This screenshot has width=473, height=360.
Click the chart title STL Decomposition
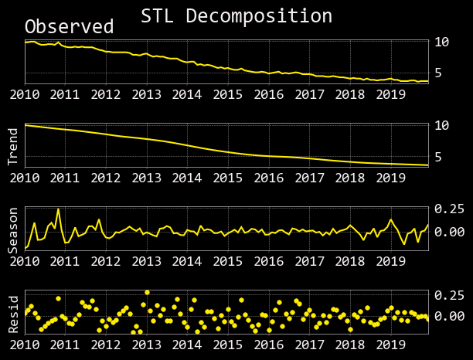point(236,16)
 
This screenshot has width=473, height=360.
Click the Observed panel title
point(69,27)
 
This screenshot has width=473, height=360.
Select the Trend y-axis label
point(13,147)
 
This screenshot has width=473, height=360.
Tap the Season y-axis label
point(13,229)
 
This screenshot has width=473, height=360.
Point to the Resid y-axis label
point(13,314)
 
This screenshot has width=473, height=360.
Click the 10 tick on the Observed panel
point(441,42)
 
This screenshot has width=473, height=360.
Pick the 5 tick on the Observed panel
point(437,73)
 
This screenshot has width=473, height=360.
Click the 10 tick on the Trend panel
point(441,125)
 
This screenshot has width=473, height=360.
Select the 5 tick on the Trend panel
point(437,157)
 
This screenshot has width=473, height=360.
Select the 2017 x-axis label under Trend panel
point(309,178)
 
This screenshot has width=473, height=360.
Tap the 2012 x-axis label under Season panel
point(106,261)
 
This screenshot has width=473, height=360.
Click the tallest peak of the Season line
point(58,209)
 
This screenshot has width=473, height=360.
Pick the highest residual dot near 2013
point(147,293)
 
